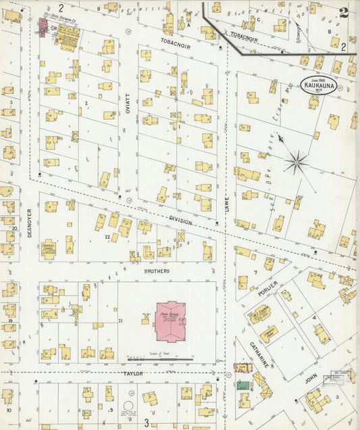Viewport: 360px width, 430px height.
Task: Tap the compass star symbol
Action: point(296,162)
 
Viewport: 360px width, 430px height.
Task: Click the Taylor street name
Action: point(133,373)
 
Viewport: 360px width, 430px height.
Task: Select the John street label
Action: point(311,381)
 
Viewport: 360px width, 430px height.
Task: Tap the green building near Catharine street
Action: point(242,385)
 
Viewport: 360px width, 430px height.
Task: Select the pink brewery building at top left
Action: point(42,28)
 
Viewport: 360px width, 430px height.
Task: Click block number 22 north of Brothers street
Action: point(107,237)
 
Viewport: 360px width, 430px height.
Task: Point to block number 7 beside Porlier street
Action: point(255,272)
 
